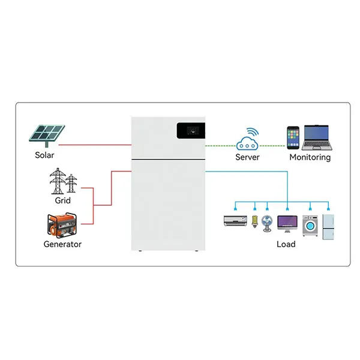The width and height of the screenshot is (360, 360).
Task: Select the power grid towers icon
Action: (64, 180)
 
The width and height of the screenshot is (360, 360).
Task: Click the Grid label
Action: (62, 200)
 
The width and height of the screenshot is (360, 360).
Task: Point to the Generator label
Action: (62, 244)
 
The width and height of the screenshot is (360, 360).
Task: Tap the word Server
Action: (247, 157)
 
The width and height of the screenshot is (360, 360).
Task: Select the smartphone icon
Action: (293, 137)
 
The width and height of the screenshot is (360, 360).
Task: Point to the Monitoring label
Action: (310, 157)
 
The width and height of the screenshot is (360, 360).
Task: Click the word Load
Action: (286, 244)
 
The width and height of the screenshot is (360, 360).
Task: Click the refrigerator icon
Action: (328, 224)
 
